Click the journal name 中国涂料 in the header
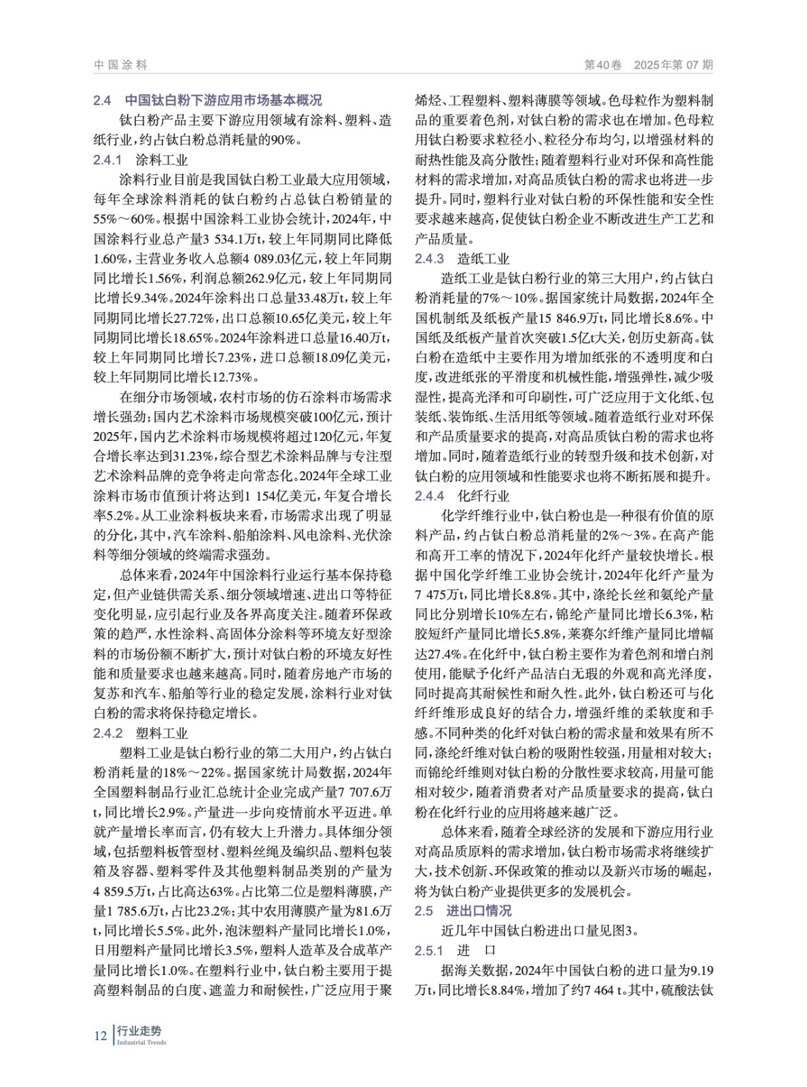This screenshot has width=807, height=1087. [x=120, y=65]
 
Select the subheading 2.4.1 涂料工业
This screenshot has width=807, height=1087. [x=141, y=160]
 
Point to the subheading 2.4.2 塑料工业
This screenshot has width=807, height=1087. [x=141, y=733]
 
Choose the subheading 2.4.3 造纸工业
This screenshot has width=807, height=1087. [x=462, y=259]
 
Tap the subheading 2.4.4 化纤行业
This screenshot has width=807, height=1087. [x=462, y=496]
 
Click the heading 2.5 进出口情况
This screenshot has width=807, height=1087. [x=463, y=910]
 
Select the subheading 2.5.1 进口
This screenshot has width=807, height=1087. [x=456, y=950]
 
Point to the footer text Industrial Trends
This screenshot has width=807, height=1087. [x=141, y=1043]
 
